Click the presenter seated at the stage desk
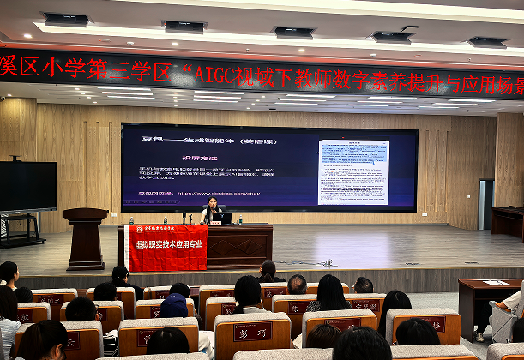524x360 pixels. pyautogui.click(x=212, y=209)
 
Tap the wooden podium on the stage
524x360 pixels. pyautogui.click(x=86, y=237)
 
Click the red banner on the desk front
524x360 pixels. pyautogui.click(x=166, y=248)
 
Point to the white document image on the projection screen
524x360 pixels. pyautogui.click(x=352, y=171)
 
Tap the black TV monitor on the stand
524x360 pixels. pyautogui.click(x=27, y=186)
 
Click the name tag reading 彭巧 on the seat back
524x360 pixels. pyautogui.click(x=252, y=331)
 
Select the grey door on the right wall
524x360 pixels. pyautogui.click(x=486, y=204)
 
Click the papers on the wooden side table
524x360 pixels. pyautogui.click(x=496, y=282)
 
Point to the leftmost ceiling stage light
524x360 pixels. pyautogui.click(x=65, y=19)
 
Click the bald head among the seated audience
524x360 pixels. pyautogui.click(x=297, y=284)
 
